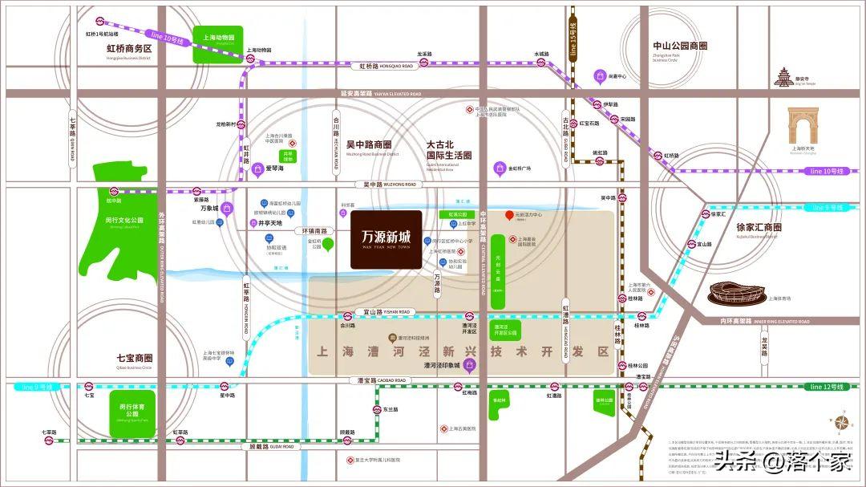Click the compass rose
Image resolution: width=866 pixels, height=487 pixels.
tap(840, 422)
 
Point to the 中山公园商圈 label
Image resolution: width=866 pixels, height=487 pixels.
tap(680, 47)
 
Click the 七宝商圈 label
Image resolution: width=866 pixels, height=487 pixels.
tap(134, 358)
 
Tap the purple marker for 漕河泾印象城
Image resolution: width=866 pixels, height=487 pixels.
tap(471, 366)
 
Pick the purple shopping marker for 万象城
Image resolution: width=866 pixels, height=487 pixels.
tap(227, 209)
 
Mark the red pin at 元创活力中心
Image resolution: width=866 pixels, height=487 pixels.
tap(508, 215)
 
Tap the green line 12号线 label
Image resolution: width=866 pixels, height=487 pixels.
tap(826, 387)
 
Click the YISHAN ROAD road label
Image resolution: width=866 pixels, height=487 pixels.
tap(394, 312)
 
